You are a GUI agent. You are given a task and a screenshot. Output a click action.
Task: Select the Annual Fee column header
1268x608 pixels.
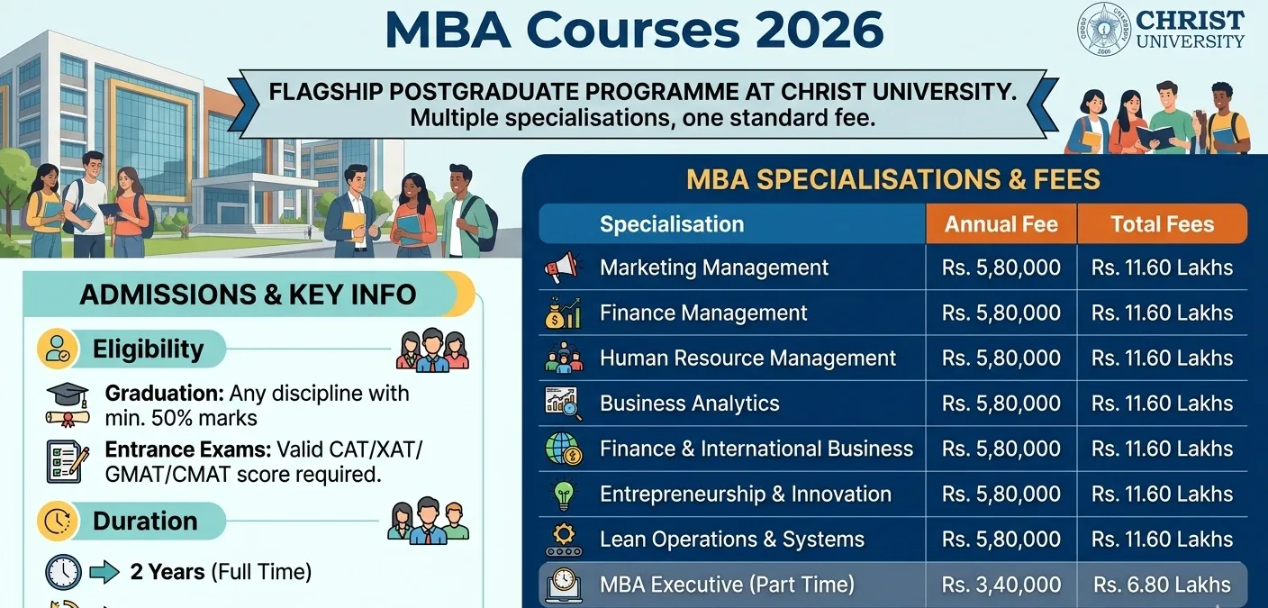1001,224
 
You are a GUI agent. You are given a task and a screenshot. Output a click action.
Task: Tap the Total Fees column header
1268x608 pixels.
1162,224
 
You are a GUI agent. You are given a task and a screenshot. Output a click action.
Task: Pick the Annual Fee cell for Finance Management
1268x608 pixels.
1001,313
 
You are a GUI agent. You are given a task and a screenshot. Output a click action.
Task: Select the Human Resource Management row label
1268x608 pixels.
747,358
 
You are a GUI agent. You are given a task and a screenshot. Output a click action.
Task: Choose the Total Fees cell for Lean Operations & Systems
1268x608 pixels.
1162,540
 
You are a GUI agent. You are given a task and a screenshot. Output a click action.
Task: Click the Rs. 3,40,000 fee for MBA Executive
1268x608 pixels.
1001,585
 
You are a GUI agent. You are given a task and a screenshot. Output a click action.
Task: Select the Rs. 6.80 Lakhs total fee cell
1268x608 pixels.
1162,585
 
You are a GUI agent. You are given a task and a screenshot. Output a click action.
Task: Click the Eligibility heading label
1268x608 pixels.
148,349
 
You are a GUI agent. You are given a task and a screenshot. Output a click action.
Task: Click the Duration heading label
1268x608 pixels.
144,521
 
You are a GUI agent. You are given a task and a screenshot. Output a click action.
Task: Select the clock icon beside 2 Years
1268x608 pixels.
63,572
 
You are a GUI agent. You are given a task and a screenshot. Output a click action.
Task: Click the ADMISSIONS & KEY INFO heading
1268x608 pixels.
248,294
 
